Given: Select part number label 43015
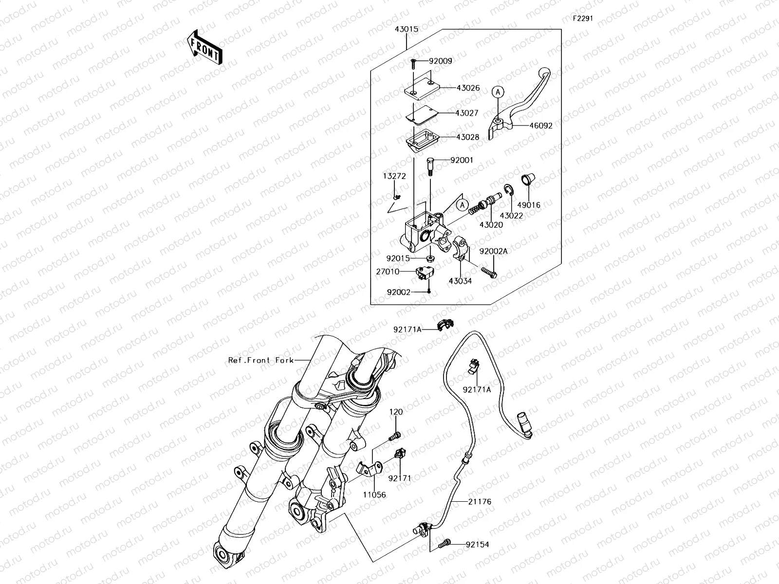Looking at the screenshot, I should tap(406, 29).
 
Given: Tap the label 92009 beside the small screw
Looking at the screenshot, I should tap(440, 61).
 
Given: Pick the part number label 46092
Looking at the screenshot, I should tap(541, 126).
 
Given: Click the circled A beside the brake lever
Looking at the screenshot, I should tap(497, 91).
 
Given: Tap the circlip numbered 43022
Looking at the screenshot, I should tap(507, 192).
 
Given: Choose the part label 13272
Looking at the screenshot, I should tap(394, 176).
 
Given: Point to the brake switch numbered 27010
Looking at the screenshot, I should tap(425, 274).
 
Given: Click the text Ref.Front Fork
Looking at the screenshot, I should tap(261, 360).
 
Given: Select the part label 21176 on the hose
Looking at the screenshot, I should tap(480, 501).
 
